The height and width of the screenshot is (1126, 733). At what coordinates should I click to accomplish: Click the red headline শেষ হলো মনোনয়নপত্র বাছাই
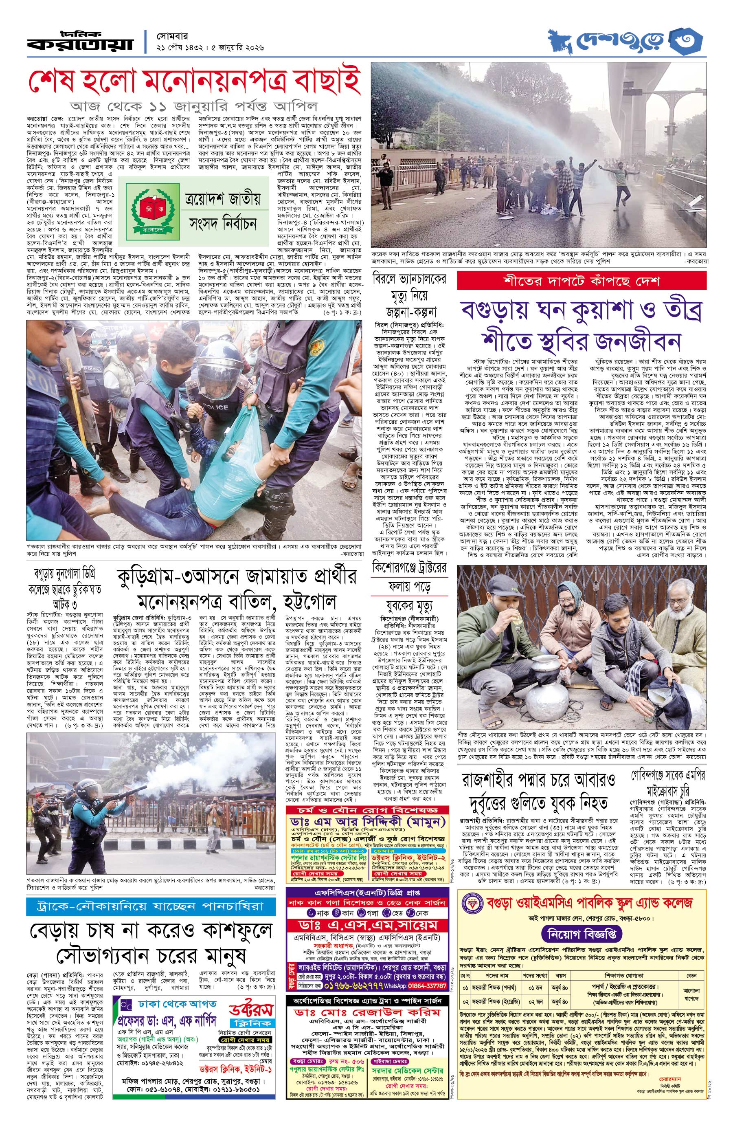coord(194,81)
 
